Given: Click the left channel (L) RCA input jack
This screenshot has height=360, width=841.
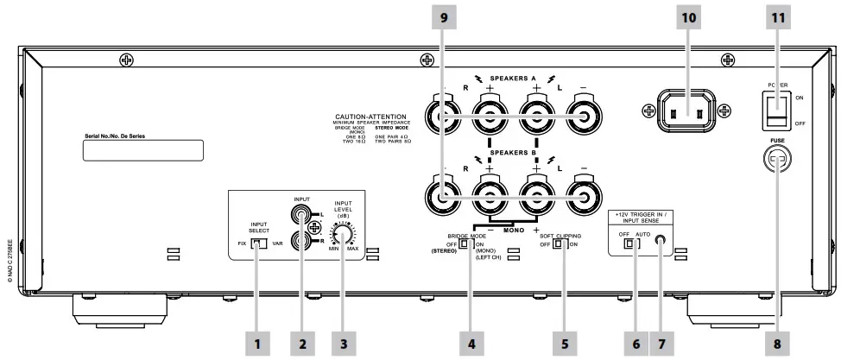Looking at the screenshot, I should (303, 210).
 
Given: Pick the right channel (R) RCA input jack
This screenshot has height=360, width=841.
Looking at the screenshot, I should (303, 243).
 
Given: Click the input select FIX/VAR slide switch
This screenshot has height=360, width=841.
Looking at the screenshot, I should (256, 244).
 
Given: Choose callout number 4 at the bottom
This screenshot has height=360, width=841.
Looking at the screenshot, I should (471, 343).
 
